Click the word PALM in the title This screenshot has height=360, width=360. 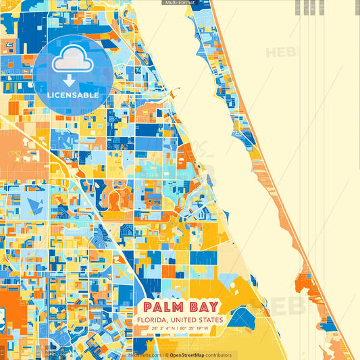pos(162,305)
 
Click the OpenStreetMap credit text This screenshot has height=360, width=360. pos(190,355)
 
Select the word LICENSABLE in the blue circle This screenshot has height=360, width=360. pos(73,95)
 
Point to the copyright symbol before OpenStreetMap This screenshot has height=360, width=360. pos(166,355)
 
